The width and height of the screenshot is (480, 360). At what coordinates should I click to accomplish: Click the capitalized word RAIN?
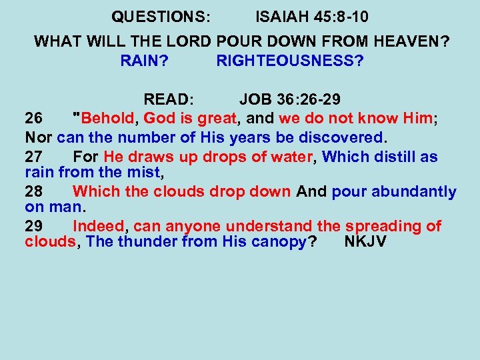[x=145, y=61]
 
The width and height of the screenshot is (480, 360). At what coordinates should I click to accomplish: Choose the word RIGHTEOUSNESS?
[x=290, y=61]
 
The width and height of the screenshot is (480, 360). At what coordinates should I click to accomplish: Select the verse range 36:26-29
[x=308, y=100]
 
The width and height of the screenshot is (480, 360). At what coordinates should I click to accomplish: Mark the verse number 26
[x=34, y=119]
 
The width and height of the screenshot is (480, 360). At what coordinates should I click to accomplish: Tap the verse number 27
[x=34, y=157]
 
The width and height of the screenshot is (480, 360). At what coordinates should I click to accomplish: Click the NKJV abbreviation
[x=365, y=241]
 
